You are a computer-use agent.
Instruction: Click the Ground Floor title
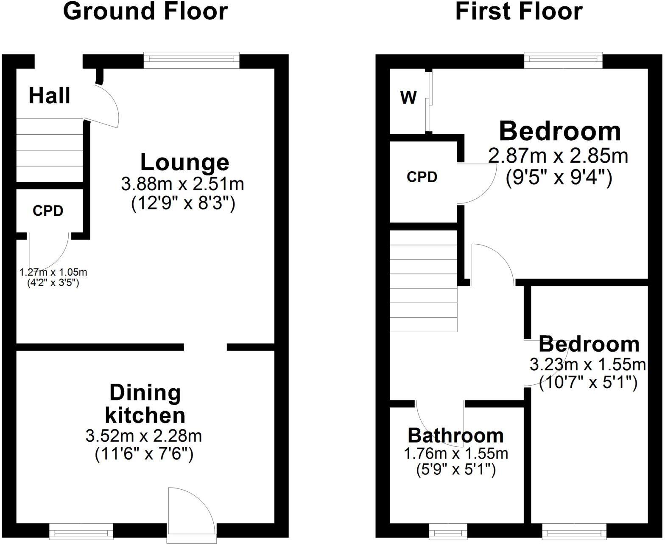point(145,11)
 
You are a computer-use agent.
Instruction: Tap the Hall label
point(49,96)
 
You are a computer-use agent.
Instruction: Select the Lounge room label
point(184,162)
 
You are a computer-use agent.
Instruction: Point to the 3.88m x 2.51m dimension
point(182,184)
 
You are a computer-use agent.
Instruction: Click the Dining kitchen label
point(145,404)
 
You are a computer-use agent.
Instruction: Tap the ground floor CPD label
point(48,211)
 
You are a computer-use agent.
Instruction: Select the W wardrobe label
point(408,98)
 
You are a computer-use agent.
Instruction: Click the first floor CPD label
point(422,177)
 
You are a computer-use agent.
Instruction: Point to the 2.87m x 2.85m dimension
point(558,156)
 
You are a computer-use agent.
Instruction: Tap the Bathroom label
point(455,436)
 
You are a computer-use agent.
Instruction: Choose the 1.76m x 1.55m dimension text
point(455,454)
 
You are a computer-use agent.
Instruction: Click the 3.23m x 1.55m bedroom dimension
point(587,364)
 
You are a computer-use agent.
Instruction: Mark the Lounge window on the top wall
point(191,59)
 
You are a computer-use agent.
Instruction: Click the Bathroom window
point(448,530)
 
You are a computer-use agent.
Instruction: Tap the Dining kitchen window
point(81,530)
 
